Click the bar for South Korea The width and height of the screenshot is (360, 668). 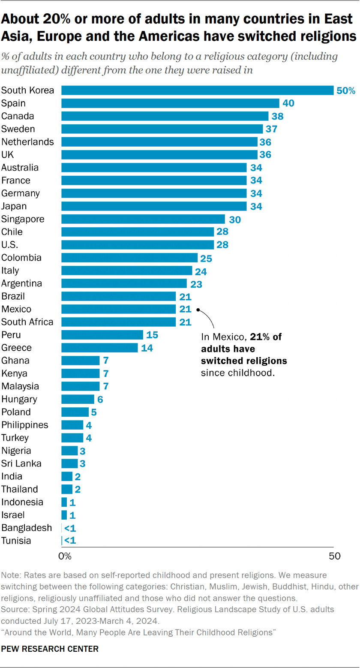[x=197, y=90]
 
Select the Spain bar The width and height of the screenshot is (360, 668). [x=170, y=103]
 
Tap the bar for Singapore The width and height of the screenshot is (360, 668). [x=143, y=219]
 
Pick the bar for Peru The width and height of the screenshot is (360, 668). [x=102, y=335]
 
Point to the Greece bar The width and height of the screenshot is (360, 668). [x=99, y=348]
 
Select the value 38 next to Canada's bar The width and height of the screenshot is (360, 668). [x=278, y=116]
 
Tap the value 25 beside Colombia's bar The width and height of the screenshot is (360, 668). [x=207, y=258]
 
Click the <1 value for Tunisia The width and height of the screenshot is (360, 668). [x=69, y=541]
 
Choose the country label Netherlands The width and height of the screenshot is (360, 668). [x=28, y=142]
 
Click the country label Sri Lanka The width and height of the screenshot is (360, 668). [x=21, y=463]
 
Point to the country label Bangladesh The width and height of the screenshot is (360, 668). [x=27, y=528]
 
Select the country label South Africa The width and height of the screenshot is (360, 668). [x=28, y=322]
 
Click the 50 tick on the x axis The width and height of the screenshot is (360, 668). [x=334, y=557]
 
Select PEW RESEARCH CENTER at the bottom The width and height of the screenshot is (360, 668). [x=50, y=649]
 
